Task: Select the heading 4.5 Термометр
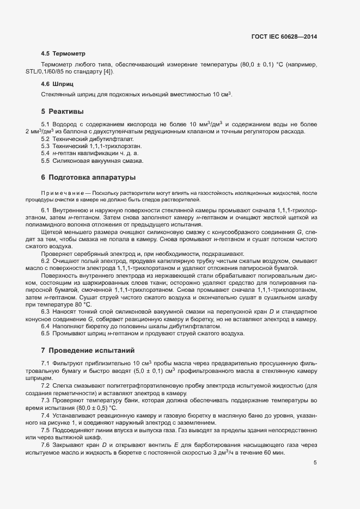tap(63, 54)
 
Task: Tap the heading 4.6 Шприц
tap(57, 84)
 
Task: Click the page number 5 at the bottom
tap(315, 463)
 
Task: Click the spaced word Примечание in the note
tap(64, 193)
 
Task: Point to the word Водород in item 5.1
tap(64, 125)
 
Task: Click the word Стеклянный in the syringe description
tap(58, 95)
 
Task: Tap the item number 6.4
tap(46, 326)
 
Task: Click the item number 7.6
tap(46, 445)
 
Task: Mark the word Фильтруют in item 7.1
tap(68, 363)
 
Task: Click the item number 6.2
tap(46, 260)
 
